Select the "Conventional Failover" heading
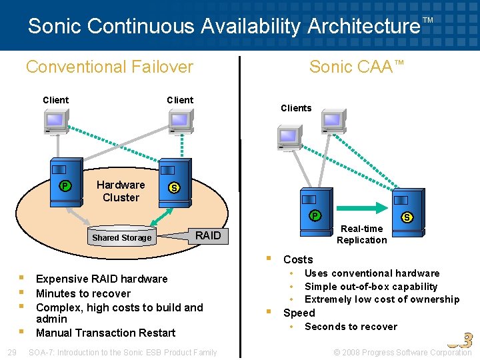tap(109, 67)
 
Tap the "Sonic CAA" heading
tap(357, 67)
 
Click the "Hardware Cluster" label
tap(121, 191)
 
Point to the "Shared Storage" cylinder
tap(122, 237)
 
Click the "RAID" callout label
tap(207, 235)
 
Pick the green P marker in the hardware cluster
tap(65, 186)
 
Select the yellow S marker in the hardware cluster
tap(174, 188)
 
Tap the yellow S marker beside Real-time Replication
tap(407, 217)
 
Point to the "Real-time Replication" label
tap(361, 234)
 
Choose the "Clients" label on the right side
tap(296, 108)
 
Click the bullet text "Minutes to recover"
tap(83, 293)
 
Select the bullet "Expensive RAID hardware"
tap(101, 279)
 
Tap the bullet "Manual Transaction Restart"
tap(105, 333)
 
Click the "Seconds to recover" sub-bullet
tap(351, 327)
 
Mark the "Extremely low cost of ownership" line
tap(382, 299)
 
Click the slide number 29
tap(11, 352)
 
